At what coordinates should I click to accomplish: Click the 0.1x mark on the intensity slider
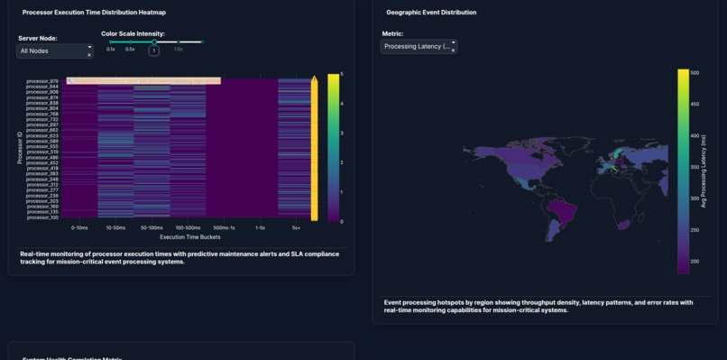111,49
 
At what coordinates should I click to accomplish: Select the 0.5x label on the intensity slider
130,49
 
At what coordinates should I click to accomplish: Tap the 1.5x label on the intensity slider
178,49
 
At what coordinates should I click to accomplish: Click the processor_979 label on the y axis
42,81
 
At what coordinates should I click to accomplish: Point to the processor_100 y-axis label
42,217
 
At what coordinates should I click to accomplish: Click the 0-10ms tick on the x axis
78,227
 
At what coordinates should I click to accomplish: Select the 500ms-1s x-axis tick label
223,227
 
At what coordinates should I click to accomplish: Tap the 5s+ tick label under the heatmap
296,227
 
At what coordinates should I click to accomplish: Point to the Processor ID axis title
19,148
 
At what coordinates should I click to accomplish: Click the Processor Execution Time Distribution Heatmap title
94,13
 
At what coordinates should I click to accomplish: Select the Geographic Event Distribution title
431,13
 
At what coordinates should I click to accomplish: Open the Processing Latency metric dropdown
419,46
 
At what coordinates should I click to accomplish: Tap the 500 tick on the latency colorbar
695,72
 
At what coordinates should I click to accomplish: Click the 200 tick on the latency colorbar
695,261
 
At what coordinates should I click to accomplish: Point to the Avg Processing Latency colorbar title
704,171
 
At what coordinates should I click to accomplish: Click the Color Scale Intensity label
133,33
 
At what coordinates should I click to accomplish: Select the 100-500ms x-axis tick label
187,227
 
